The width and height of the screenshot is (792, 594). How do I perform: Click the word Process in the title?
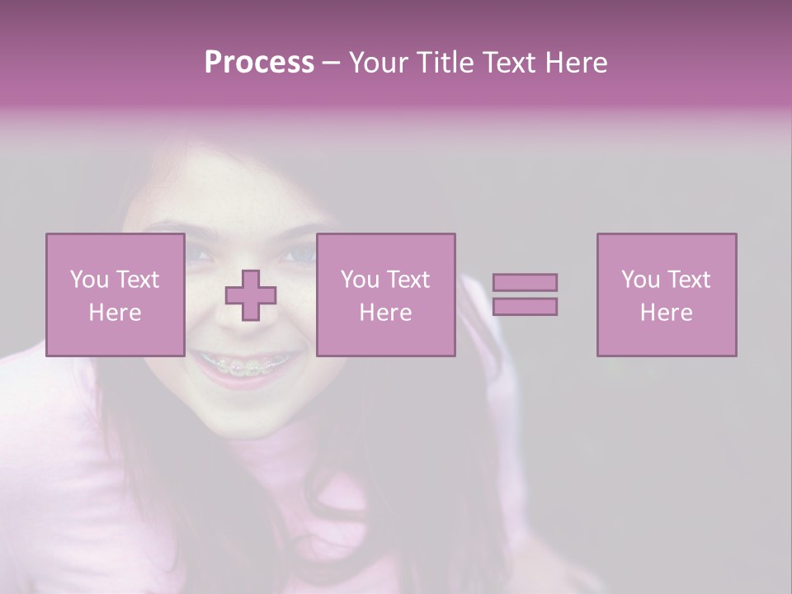point(259,62)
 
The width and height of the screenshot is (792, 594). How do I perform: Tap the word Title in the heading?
point(444,62)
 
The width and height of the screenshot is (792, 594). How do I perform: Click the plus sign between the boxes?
point(251,295)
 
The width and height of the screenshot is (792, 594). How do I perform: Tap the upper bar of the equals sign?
point(525,282)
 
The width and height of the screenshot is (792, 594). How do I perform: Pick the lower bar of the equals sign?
point(525,306)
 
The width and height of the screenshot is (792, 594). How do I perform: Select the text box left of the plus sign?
point(115,295)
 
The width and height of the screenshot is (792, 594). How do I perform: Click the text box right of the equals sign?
point(666,295)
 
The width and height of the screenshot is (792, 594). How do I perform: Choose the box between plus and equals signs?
point(385,295)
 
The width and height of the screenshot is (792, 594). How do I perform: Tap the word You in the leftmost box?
point(89,279)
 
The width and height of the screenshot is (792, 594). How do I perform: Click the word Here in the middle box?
point(385,313)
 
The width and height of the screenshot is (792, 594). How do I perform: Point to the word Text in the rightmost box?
point(690,279)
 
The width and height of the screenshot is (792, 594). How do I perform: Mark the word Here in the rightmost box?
point(666,313)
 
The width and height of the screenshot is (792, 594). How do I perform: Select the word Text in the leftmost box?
point(139,279)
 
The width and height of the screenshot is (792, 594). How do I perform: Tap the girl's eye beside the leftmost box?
point(197,253)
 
